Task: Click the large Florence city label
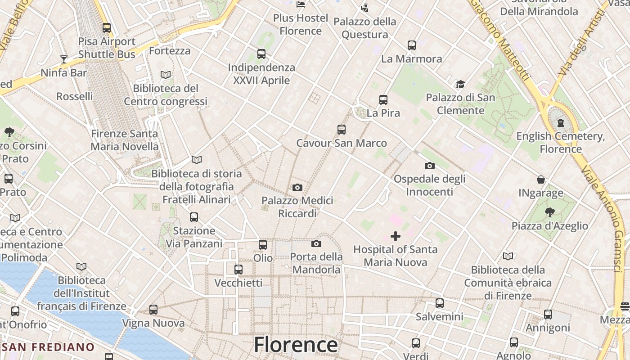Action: (x=296, y=345)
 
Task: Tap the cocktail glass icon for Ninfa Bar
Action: (x=63, y=59)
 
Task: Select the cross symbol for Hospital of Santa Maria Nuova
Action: (x=396, y=236)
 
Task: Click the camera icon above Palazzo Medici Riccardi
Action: (x=297, y=187)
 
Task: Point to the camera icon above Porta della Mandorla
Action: (x=316, y=243)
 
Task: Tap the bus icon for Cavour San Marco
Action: (x=342, y=130)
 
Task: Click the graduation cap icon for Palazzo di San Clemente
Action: (x=460, y=84)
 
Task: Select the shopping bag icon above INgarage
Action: (x=541, y=180)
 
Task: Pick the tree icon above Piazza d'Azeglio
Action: (x=549, y=212)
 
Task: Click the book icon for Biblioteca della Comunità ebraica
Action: (x=508, y=256)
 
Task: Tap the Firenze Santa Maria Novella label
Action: (x=125, y=140)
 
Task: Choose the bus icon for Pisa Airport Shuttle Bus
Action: (x=107, y=28)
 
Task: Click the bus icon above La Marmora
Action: (x=412, y=45)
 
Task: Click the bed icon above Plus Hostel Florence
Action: (x=301, y=5)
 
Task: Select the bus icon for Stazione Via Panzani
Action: (x=194, y=217)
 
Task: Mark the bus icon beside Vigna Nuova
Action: (x=153, y=310)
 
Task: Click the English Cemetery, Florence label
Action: (x=560, y=142)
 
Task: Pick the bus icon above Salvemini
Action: (x=440, y=303)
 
